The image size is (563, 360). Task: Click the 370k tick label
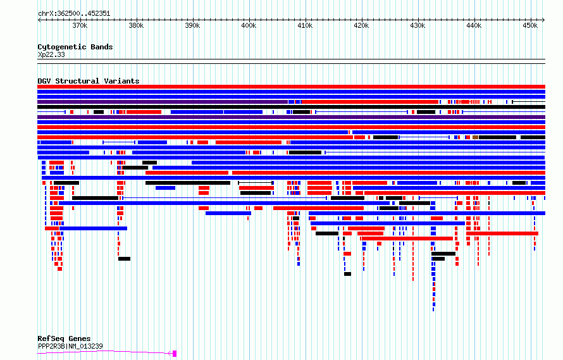click(80, 25)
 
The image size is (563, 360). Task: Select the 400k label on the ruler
click(249, 25)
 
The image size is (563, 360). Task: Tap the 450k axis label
click(530, 25)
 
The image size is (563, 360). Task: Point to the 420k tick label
click(361, 25)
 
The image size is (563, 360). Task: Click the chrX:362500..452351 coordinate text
click(74, 14)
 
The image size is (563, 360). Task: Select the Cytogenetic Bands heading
click(75, 47)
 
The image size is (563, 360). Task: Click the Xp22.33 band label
click(51, 54)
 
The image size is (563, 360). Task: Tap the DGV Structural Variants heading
click(89, 81)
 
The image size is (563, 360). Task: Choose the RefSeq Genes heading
click(64, 338)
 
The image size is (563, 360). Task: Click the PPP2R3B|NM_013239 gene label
click(70, 346)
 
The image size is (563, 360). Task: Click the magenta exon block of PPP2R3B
click(175, 354)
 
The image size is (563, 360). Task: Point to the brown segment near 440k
click(476, 137)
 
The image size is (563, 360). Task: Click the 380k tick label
click(136, 25)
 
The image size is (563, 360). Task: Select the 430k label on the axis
click(418, 25)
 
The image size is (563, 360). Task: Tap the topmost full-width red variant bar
click(291, 87)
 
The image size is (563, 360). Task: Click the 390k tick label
click(192, 25)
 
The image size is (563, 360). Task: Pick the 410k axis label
click(305, 25)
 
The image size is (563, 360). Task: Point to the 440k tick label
click(474, 25)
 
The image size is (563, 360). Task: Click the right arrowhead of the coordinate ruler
click(543, 20)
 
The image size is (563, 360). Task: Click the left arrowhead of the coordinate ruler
click(39, 20)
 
